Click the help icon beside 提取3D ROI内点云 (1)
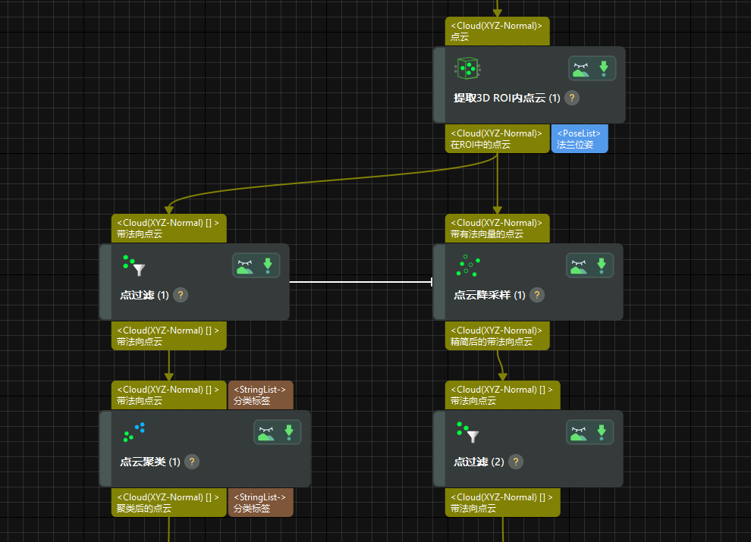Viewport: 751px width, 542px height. tap(573, 98)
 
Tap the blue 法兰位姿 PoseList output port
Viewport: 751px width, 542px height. tap(580, 139)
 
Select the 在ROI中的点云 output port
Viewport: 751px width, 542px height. tap(497, 139)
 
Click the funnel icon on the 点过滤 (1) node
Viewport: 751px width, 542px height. tap(134, 265)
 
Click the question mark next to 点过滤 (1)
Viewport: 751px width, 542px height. tap(181, 295)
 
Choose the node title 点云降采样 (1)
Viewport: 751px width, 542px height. tap(489, 295)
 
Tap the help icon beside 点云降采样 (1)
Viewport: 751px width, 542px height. tap(537, 295)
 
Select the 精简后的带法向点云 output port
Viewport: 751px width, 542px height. tap(497, 336)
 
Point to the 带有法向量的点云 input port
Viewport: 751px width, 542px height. tap(497, 228)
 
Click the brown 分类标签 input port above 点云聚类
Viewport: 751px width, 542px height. tap(260, 395)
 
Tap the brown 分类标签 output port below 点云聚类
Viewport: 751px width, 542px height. tap(260, 503)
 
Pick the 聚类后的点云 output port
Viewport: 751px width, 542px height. tap(168, 503)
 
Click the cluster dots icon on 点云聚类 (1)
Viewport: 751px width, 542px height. tap(134, 432)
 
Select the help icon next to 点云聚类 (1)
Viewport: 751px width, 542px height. tap(192, 462)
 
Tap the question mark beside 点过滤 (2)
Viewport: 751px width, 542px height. tap(516, 462)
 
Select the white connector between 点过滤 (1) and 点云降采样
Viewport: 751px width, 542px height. tap(361, 282)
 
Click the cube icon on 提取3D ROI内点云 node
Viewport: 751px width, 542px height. tap(468, 68)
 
